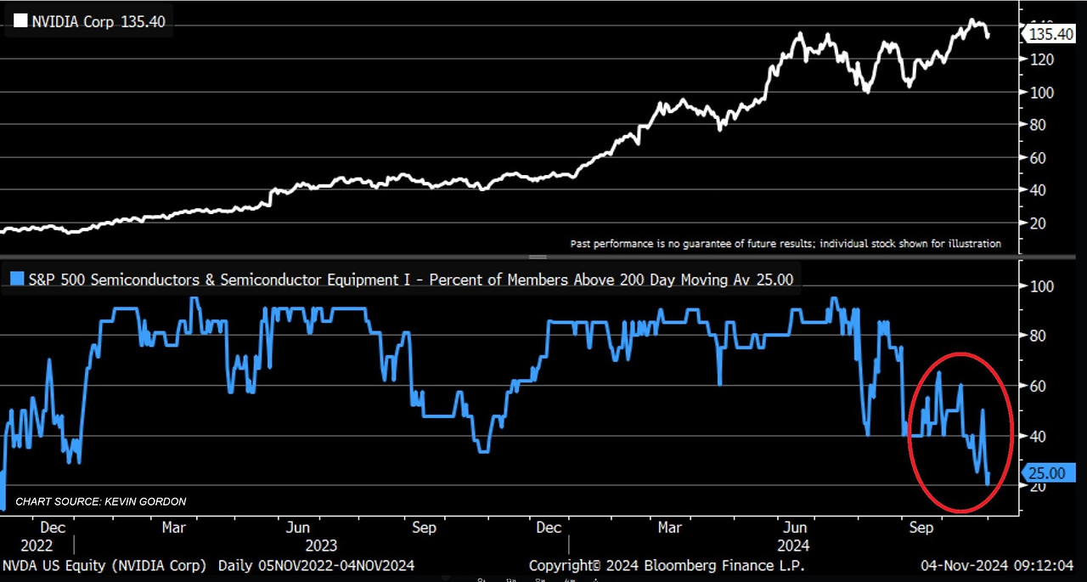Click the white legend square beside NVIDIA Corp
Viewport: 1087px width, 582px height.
click(x=20, y=22)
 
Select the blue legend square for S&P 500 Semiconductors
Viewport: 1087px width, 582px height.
click(x=17, y=278)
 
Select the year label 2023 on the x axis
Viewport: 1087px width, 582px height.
click(x=322, y=545)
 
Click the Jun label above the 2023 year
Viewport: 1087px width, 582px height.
click(x=297, y=528)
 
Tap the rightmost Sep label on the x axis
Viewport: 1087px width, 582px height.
click(x=921, y=528)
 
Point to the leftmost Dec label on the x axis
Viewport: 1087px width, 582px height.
click(x=52, y=528)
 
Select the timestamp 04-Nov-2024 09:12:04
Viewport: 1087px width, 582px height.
click(x=998, y=566)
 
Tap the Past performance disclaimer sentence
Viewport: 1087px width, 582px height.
click(x=785, y=244)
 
